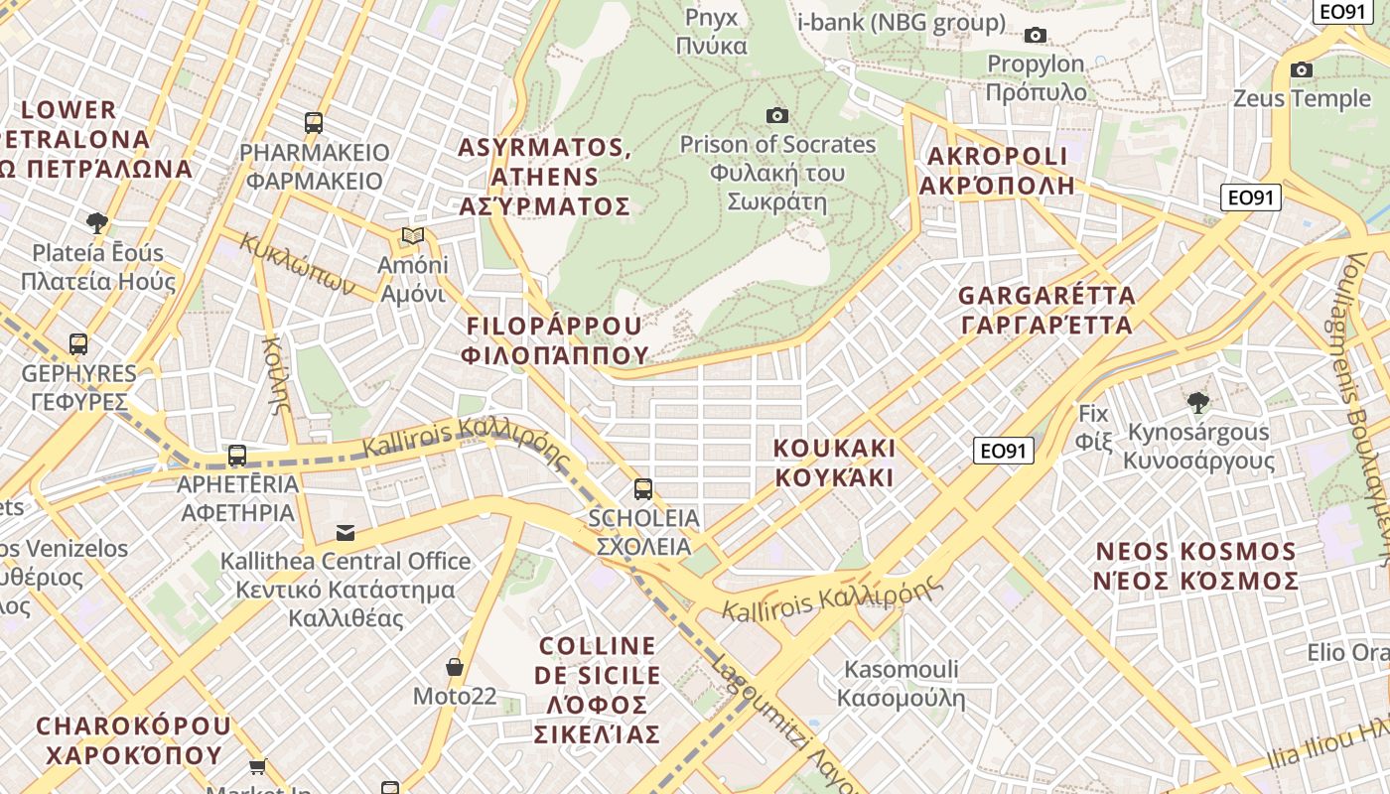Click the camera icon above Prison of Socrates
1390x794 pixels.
[777, 116]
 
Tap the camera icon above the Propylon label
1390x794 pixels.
[1036, 36]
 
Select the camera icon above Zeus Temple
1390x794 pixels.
[1302, 70]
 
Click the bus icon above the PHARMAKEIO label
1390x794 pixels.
[314, 123]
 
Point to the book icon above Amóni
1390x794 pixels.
[413, 236]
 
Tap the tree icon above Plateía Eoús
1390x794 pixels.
[96, 222]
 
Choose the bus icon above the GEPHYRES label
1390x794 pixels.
[78, 344]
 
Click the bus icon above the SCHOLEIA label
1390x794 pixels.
[643, 488]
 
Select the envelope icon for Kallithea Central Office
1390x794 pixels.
[346, 533]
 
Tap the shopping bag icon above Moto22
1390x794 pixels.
[455, 667]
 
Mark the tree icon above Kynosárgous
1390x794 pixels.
[1198, 402]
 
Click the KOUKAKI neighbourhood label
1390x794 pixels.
[834, 463]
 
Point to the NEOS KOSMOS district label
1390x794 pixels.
[1196, 566]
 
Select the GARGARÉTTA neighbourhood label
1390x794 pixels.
[1046, 310]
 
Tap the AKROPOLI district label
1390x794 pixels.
[997, 170]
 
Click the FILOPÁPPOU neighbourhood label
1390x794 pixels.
[555, 340]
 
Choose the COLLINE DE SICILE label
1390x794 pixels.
[597, 690]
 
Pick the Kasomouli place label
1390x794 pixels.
[901, 683]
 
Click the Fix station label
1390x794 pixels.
[1093, 427]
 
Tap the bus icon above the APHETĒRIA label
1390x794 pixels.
[237, 456]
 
